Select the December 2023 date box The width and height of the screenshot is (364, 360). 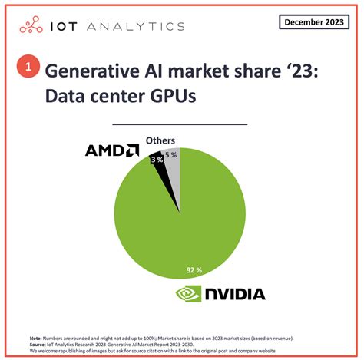click(312, 21)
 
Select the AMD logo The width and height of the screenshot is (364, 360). click(112, 150)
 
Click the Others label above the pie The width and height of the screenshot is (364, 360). click(161, 140)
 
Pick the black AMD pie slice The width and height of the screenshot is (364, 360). click(159, 166)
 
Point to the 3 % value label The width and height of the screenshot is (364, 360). click(156, 159)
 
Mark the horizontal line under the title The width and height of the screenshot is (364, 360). click(180, 123)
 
